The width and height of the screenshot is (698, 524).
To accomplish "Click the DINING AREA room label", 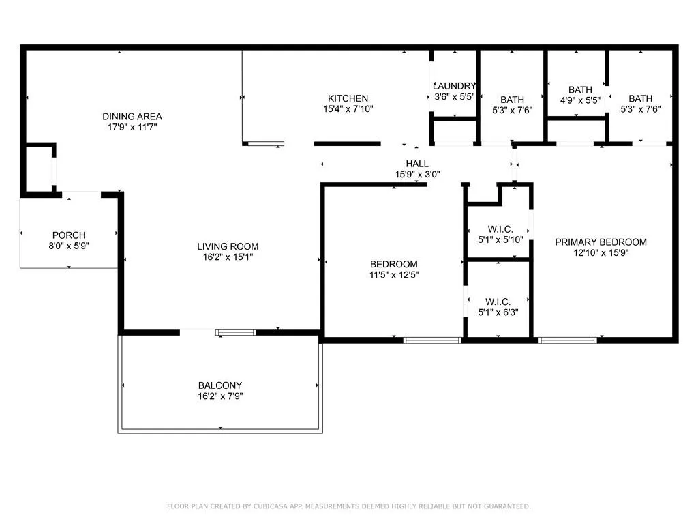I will (132, 117).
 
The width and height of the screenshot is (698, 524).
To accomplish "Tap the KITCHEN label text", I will (348, 98).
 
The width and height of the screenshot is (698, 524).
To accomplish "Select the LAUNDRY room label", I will (454, 86).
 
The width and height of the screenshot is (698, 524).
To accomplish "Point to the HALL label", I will (417, 164).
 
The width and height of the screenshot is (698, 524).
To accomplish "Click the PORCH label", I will (69, 235).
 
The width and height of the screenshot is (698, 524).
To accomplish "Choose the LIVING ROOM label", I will (228, 246).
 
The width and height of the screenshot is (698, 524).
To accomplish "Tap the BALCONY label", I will (220, 385).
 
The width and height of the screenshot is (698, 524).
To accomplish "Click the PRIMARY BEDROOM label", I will (601, 242).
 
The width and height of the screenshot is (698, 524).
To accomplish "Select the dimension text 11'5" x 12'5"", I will (393, 275).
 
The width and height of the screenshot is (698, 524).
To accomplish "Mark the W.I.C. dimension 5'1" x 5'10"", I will (500, 239).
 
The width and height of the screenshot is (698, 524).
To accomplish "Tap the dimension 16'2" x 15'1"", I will (228, 257).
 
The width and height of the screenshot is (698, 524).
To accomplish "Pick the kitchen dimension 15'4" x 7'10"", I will (348, 109).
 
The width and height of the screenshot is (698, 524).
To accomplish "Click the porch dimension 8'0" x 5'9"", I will (69, 246).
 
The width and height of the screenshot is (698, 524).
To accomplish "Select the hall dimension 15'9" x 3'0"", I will (417, 174).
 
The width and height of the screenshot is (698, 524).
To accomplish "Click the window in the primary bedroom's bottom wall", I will (568, 340).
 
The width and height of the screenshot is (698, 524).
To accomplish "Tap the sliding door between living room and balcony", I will (235, 332).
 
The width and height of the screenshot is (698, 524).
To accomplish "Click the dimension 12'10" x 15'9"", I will (601, 253).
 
